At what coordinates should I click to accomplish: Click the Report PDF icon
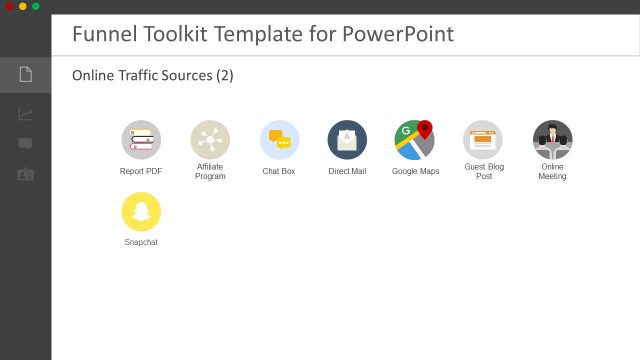tap(141, 140)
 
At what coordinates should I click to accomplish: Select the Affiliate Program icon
tap(210, 140)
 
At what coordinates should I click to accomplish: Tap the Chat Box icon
tap(279, 140)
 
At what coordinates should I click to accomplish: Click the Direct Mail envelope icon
tap(347, 140)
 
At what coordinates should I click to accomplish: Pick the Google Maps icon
tap(415, 140)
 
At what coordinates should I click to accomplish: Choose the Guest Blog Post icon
tap(483, 140)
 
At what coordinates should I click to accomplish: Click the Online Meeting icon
tap(552, 140)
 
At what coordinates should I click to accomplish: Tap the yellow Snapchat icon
tap(141, 212)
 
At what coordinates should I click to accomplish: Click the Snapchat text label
tap(141, 242)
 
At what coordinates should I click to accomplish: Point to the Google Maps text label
tap(415, 171)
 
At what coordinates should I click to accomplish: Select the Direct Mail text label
tap(347, 171)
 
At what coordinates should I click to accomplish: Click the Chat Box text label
tap(279, 171)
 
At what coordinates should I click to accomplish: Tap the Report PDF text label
tap(141, 171)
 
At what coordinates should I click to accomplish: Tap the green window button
tap(36, 6)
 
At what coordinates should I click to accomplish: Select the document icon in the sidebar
tap(26, 74)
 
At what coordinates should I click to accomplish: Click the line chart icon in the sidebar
tap(26, 114)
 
